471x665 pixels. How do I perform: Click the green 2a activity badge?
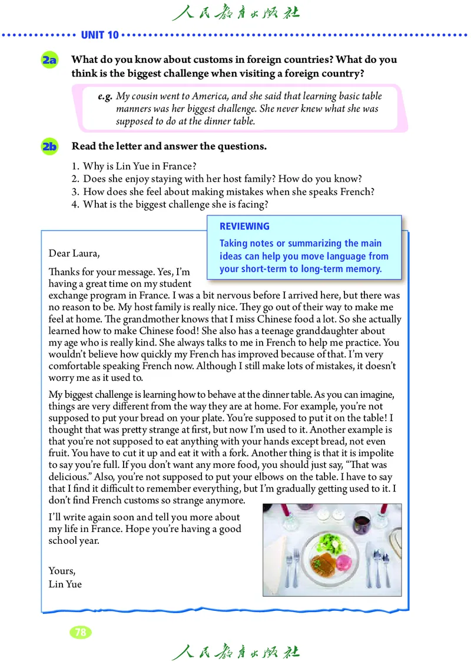click(49, 60)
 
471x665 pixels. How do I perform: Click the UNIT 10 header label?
click(100, 35)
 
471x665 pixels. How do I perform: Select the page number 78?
click(81, 633)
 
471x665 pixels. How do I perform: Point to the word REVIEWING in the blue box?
click(244, 227)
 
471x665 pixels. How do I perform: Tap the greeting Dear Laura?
click(75, 254)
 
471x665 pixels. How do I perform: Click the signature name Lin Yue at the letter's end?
click(65, 584)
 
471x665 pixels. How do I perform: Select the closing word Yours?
click(62, 571)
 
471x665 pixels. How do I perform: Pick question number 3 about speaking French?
click(224, 191)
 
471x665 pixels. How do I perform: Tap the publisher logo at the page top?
click(235, 12)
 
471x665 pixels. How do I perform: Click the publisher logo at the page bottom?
click(235, 651)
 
